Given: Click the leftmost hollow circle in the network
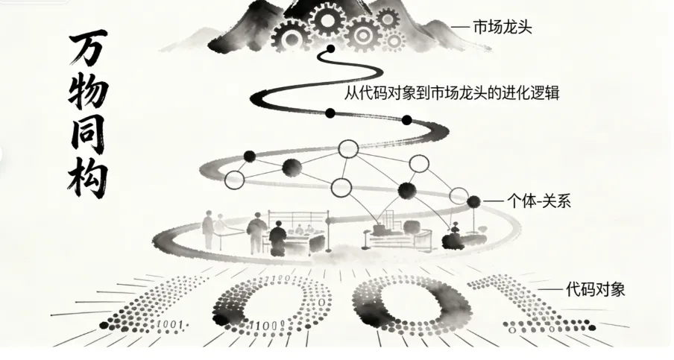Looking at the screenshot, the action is click(234, 180).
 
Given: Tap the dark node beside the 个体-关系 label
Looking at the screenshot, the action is click(473, 200).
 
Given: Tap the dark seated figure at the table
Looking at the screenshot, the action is click(277, 237).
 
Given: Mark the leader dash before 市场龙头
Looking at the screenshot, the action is click(461, 28).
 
